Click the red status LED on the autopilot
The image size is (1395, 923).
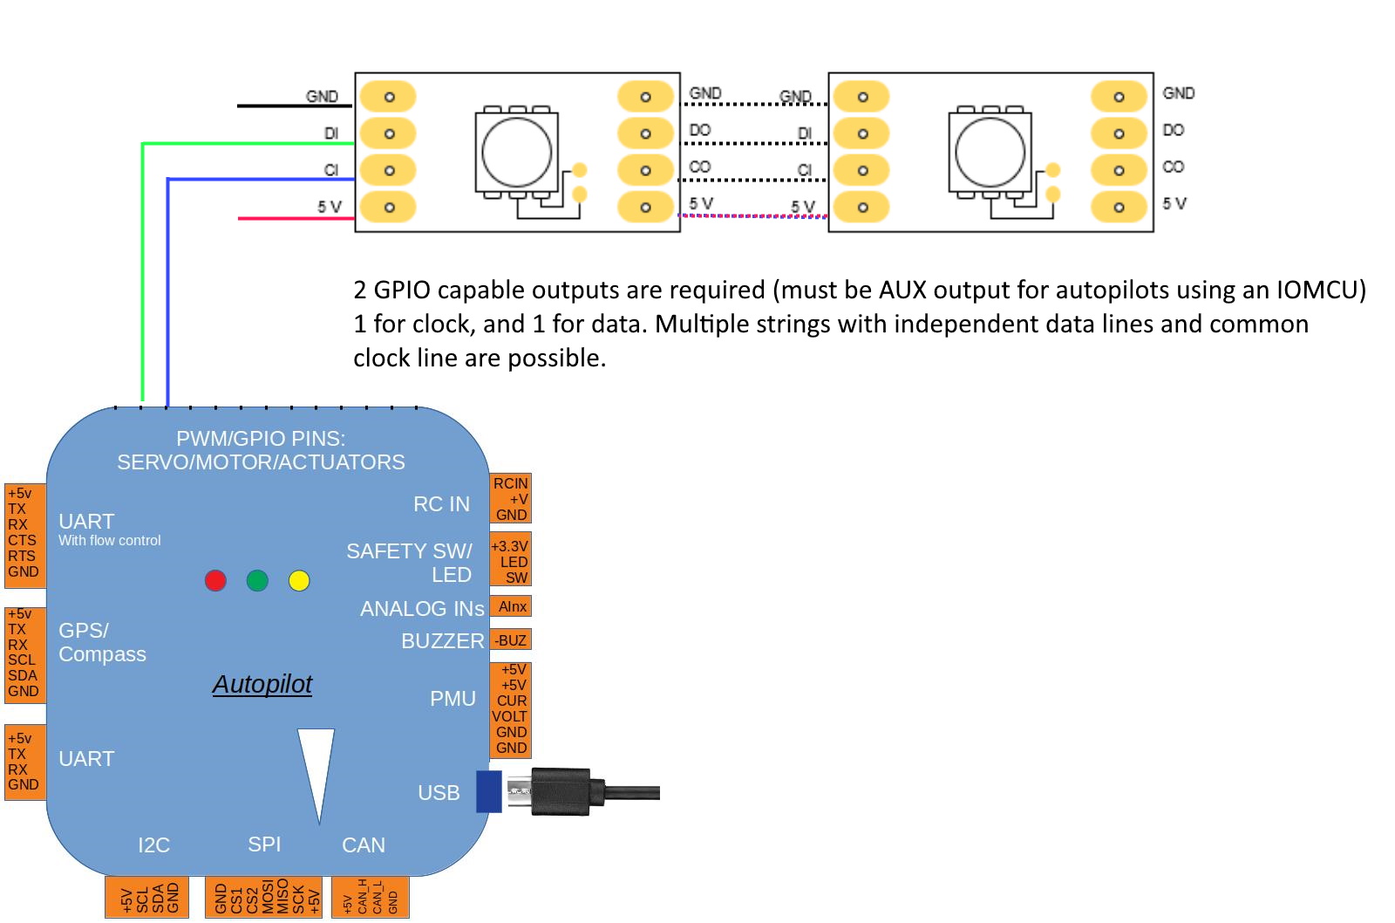pyautogui.click(x=215, y=580)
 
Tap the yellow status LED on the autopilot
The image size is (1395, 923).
pyautogui.click(x=299, y=580)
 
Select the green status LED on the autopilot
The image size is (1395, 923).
pyautogui.click(x=257, y=580)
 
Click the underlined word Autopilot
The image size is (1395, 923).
pyautogui.click(x=262, y=684)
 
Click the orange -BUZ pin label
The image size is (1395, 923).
pyautogui.click(x=511, y=640)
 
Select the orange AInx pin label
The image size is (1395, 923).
pyautogui.click(x=512, y=606)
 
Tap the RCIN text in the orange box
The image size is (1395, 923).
pyautogui.click(x=510, y=483)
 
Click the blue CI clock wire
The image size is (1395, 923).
pyautogui.click(x=167, y=288)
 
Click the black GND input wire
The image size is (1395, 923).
pyautogui.click(x=293, y=106)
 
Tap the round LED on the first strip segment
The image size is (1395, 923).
pyautogui.click(x=517, y=151)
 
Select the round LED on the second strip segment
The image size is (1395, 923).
pyautogui.click(x=990, y=151)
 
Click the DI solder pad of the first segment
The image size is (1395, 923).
pyautogui.click(x=389, y=133)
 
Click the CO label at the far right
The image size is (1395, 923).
pyautogui.click(x=1174, y=167)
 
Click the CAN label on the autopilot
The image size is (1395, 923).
pyautogui.click(x=364, y=844)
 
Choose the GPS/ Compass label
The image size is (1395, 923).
pyautogui.click(x=102, y=642)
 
